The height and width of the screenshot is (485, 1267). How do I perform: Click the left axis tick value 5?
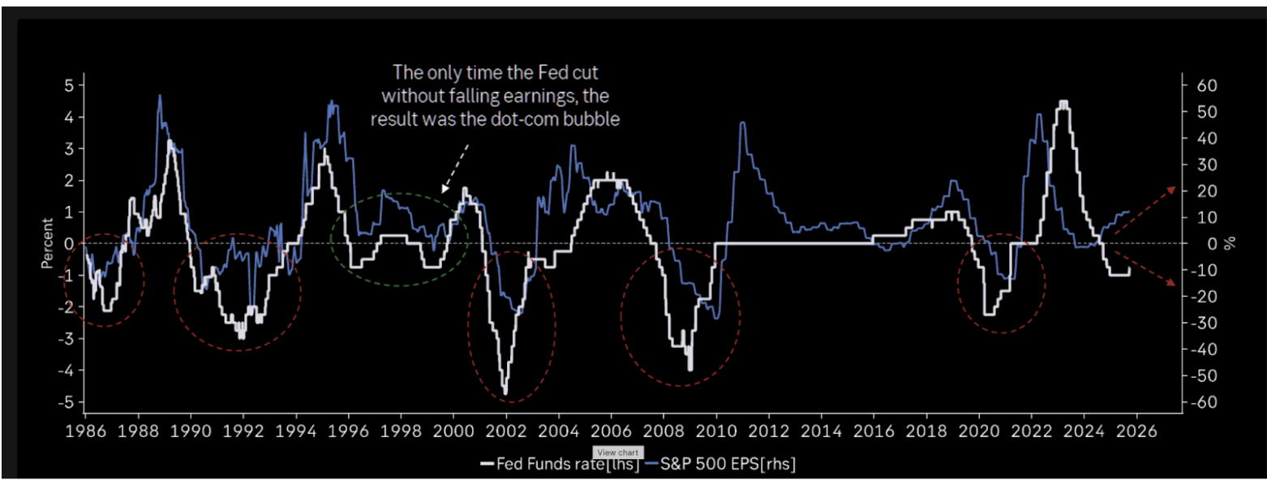coord(70,85)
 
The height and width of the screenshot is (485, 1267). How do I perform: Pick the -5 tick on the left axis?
coord(67,402)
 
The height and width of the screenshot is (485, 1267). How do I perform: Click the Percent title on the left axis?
coord(48,243)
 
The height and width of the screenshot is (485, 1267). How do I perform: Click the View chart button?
coord(619,452)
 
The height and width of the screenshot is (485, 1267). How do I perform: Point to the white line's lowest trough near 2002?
coord(505,393)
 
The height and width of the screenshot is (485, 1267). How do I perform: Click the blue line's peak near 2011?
coord(742,122)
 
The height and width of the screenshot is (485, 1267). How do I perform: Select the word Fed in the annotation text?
coord(539,71)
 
